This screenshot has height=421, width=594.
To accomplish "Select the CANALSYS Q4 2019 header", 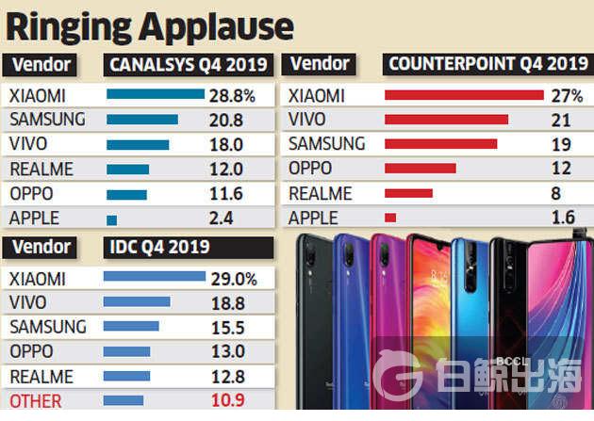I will (189, 66).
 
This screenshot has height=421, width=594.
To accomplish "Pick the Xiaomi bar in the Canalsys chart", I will (156, 94).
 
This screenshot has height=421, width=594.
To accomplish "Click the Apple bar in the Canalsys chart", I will (111, 219).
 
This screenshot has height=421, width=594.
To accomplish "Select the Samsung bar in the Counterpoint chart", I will (440, 144).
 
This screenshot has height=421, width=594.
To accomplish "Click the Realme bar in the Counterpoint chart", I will (408, 193).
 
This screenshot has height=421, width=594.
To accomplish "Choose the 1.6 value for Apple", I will (562, 218).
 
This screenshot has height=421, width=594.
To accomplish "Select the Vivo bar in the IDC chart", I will (136, 302).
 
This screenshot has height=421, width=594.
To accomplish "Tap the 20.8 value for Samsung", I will (224, 120).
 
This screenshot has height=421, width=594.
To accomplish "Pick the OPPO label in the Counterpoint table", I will (310, 169).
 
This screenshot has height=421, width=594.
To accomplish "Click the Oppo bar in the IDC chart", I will (126, 351).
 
